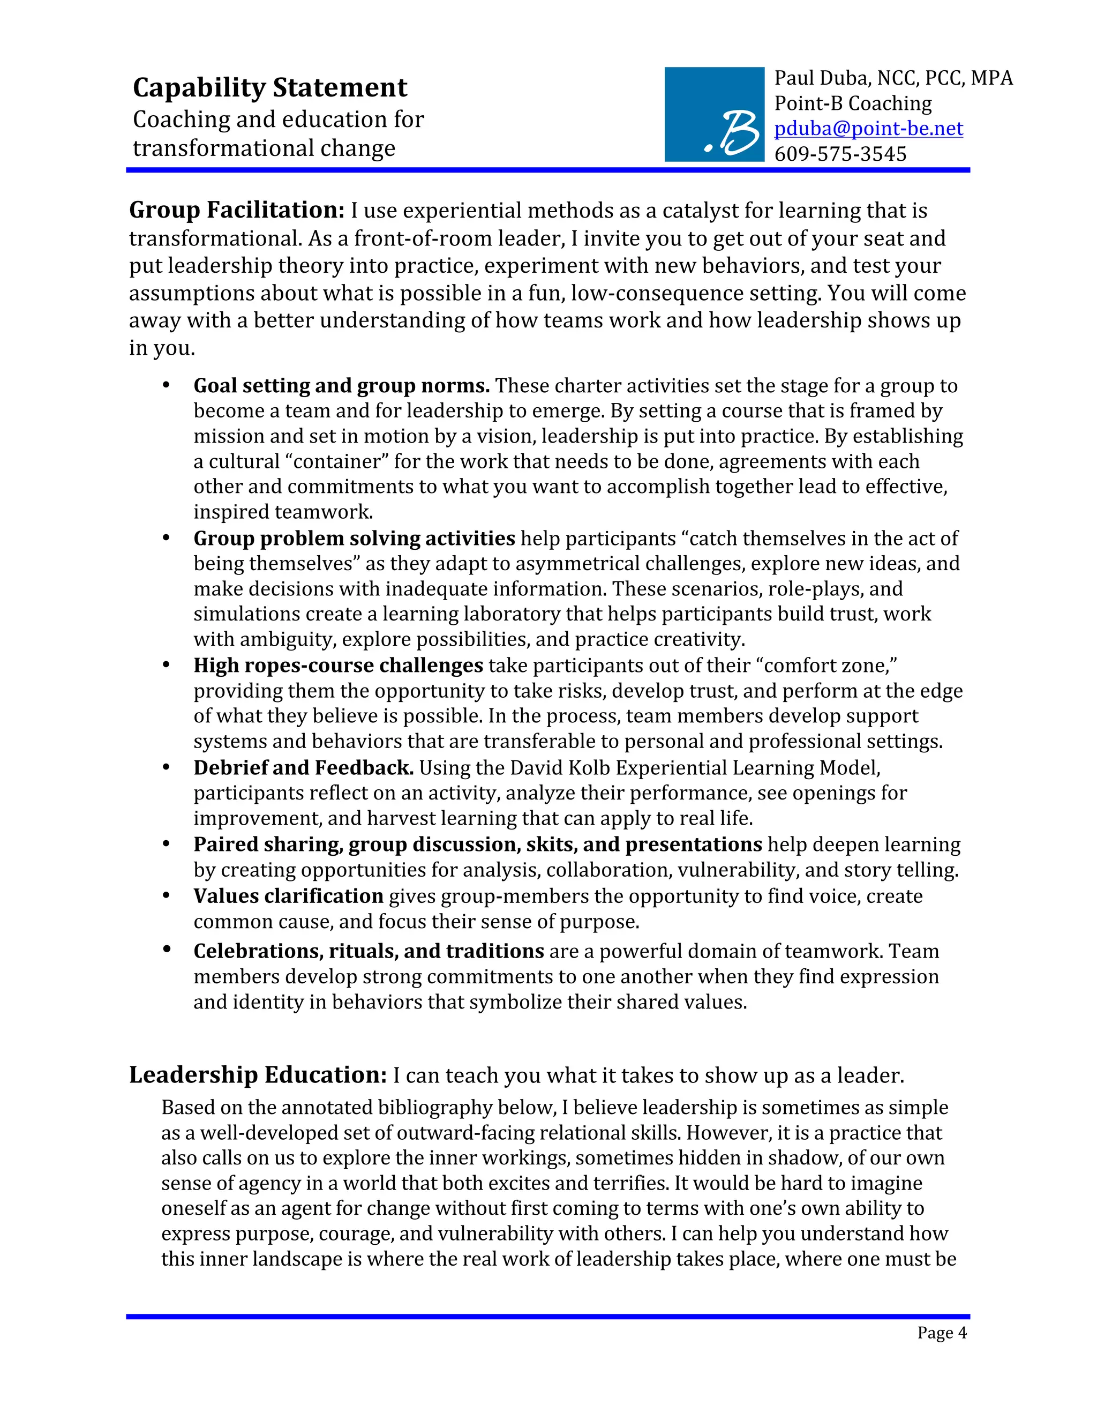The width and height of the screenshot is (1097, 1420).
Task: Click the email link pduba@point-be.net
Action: (868, 129)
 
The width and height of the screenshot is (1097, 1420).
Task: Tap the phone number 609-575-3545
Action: (840, 154)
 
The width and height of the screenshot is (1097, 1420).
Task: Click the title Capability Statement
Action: (270, 88)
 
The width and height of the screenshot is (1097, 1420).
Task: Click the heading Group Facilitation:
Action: (237, 211)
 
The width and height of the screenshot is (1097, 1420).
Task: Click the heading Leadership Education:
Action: (258, 1075)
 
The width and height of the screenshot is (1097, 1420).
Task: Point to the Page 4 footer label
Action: (941, 1333)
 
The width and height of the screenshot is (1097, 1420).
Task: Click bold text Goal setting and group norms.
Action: (341, 386)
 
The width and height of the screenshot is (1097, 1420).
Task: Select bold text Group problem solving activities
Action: (354, 539)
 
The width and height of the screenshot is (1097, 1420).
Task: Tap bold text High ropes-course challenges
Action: (338, 666)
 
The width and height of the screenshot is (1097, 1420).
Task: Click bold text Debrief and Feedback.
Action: (303, 768)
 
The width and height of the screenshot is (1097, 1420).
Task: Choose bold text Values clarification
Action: (288, 896)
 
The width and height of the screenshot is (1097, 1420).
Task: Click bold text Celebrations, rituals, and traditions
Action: (368, 952)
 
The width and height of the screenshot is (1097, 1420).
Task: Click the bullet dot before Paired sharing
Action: (167, 844)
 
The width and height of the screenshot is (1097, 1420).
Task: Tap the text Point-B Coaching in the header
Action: (853, 103)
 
